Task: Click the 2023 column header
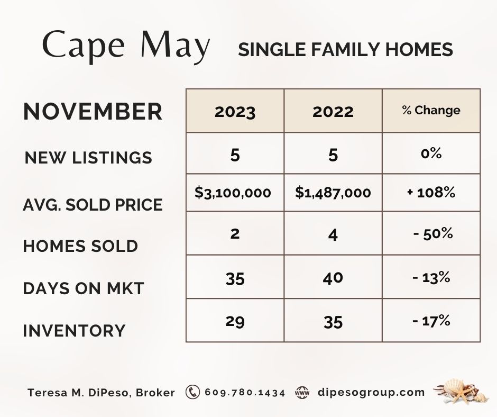[235, 112]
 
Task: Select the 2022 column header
[333, 112]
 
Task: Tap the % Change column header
[431, 110]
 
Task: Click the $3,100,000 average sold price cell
[233, 193]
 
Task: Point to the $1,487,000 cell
[333, 193]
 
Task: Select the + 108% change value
[431, 192]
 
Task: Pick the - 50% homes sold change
[433, 234]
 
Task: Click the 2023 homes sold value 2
[235, 233]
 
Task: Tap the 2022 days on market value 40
[333, 278]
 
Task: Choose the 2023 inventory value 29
[235, 321]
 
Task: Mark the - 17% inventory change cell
[431, 321]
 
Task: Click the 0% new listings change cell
[431, 153]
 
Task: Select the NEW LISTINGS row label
[88, 158]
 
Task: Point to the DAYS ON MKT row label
[84, 288]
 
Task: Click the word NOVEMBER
[93, 111]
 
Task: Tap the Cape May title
[126, 47]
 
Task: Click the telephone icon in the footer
[192, 392]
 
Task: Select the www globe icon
[302, 393]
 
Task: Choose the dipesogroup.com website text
[371, 393]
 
